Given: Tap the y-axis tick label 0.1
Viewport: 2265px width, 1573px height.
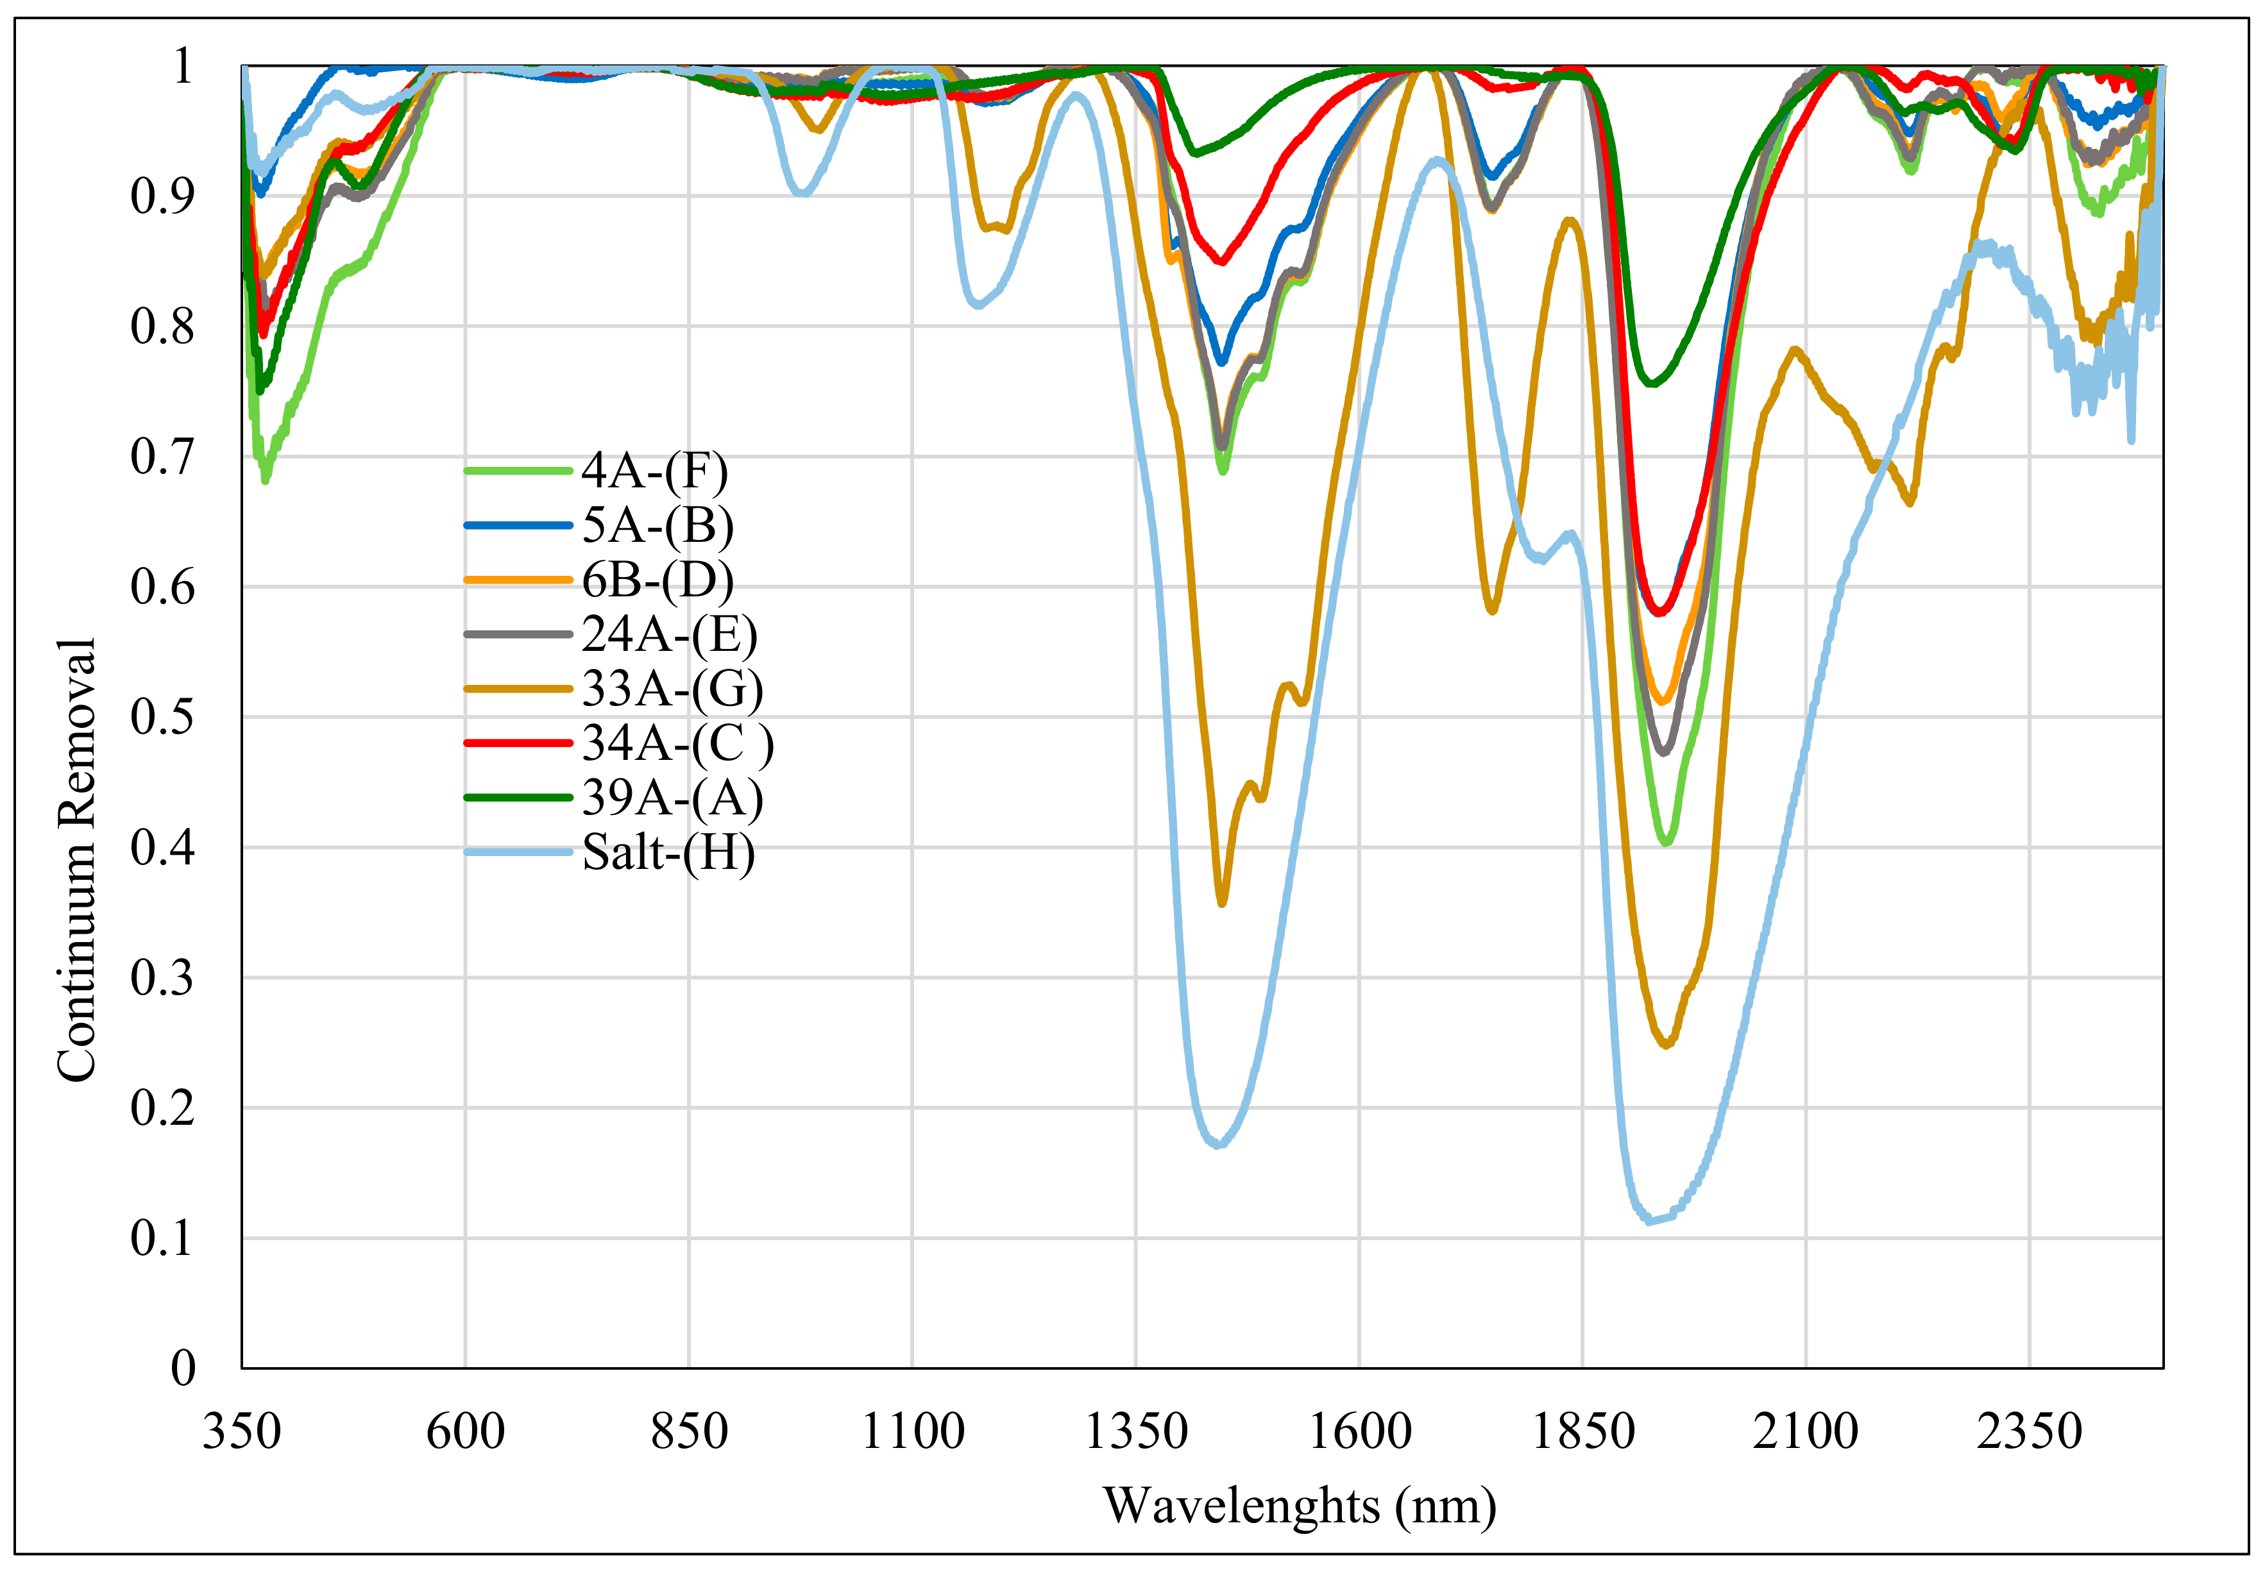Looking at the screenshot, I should (163, 1238).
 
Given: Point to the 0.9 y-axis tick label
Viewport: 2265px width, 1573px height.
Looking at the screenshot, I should (163, 196).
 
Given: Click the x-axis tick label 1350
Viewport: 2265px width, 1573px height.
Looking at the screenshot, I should (1135, 1432).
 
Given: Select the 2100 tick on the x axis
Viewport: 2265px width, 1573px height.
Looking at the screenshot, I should (1804, 1432).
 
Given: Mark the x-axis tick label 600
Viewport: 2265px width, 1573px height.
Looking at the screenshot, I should (465, 1432).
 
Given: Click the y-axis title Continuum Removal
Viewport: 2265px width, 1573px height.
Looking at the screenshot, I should (77, 859).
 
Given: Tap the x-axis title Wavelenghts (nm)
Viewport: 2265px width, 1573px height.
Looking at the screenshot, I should (1299, 1506).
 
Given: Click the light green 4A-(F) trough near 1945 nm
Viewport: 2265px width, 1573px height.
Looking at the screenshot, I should (1667, 843).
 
